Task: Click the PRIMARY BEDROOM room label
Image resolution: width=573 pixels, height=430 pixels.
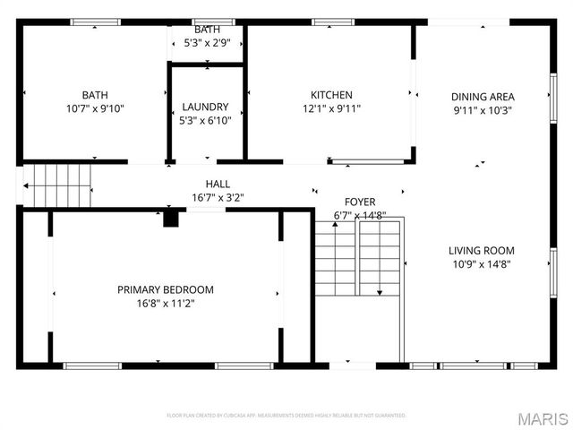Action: [x=166, y=289]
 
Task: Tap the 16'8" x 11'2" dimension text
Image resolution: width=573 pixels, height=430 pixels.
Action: [x=166, y=304]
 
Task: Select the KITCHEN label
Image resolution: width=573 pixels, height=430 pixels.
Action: [x=331, y=95]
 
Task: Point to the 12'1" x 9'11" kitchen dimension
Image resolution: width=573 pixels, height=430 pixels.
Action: [x=331, y=109]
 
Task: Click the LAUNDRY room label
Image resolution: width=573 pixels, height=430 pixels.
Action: [x=206, y=107]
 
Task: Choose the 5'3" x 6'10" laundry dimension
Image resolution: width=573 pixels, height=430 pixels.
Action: [x=206, y=121]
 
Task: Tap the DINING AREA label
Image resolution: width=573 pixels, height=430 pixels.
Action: [x=482, y=98]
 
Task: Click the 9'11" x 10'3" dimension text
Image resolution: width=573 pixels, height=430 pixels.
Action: [x=482, y=112]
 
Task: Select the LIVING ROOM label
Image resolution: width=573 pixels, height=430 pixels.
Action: [x=482, y=251]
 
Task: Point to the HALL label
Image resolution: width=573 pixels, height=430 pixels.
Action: [x=218, y=184]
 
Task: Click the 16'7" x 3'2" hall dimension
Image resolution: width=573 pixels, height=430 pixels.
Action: [x=218, y=198]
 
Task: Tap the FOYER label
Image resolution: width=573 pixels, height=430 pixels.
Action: [x=360, y=202]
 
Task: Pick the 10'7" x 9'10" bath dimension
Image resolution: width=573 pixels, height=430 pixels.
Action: [x=94, y=109]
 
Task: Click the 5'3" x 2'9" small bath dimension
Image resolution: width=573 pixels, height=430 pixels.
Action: [x=207, y=43]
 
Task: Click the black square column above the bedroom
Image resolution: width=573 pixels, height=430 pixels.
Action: [x=170, y=219]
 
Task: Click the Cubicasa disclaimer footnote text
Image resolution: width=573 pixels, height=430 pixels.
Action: [x=286, y=416]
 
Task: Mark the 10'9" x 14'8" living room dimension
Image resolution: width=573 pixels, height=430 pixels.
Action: [x=482, y=265]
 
